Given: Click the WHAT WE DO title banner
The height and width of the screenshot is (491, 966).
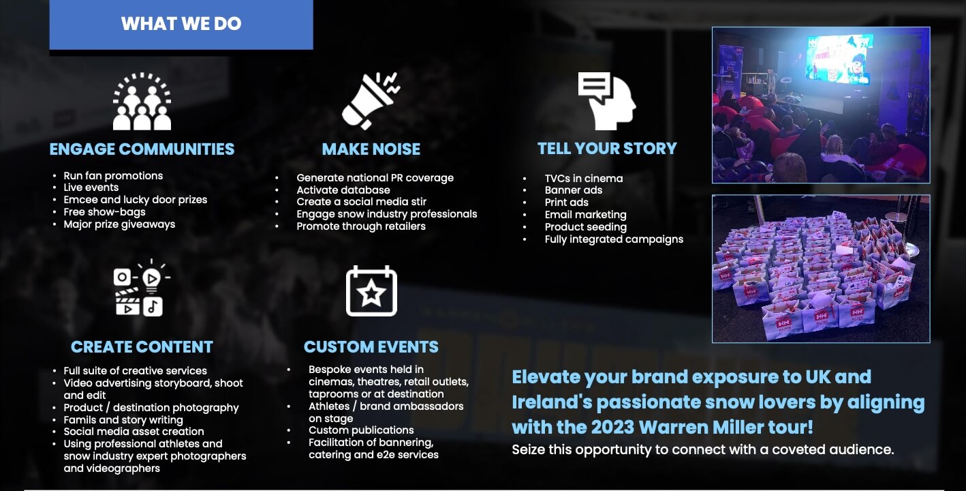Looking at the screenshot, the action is [181, 25].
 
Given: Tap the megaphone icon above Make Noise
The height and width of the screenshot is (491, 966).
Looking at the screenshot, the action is [371, 101].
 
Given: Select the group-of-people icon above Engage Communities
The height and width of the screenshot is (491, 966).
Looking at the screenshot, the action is [142, 101].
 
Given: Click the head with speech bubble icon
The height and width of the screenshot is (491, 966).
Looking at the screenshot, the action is [607, 101].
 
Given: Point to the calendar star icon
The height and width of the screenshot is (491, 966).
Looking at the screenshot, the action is [371, 291].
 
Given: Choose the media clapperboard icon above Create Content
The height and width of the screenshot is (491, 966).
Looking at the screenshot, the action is [142, 288].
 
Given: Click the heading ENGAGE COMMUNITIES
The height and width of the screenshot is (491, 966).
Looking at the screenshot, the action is [142, 149].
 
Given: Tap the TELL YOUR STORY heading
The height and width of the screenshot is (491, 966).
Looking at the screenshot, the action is [607, 149].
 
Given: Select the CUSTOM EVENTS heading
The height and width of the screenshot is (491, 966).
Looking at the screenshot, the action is [371, 346].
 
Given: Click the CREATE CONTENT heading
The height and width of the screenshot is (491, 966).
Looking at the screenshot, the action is [142, 346].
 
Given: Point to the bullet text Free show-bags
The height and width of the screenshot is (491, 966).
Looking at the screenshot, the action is [104, 212].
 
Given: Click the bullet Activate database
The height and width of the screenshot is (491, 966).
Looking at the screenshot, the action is [343, 190].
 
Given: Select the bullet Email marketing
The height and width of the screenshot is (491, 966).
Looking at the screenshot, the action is [586, 215].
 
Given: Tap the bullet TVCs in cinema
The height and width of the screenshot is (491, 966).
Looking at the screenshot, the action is [584, 179].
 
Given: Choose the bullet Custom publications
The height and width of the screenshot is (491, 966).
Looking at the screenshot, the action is [361, 430].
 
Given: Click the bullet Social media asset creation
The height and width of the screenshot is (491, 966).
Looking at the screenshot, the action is [134, 432].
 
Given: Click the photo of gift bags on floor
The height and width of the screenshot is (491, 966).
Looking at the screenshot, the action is [821, 269].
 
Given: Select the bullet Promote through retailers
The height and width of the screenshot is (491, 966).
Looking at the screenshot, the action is [361, 226].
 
